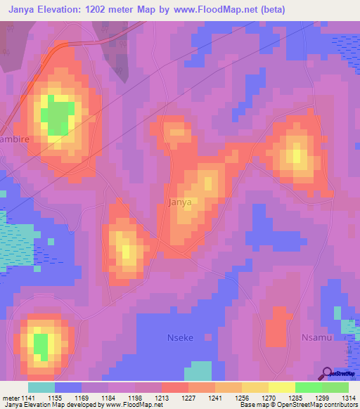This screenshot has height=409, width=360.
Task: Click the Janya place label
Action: click(180, 202)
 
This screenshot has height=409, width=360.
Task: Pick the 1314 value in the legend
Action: click(348, 398)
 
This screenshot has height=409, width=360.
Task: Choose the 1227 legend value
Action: click(188, 398)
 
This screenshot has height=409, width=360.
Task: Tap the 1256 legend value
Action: click(242, 398)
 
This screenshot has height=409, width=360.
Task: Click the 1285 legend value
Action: click(295, 398)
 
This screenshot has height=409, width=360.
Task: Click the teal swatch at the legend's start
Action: click(41, 387)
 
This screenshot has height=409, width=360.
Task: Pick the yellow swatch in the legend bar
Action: click(281, 387)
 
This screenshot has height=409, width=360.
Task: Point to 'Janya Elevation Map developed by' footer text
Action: click(49, 405)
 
